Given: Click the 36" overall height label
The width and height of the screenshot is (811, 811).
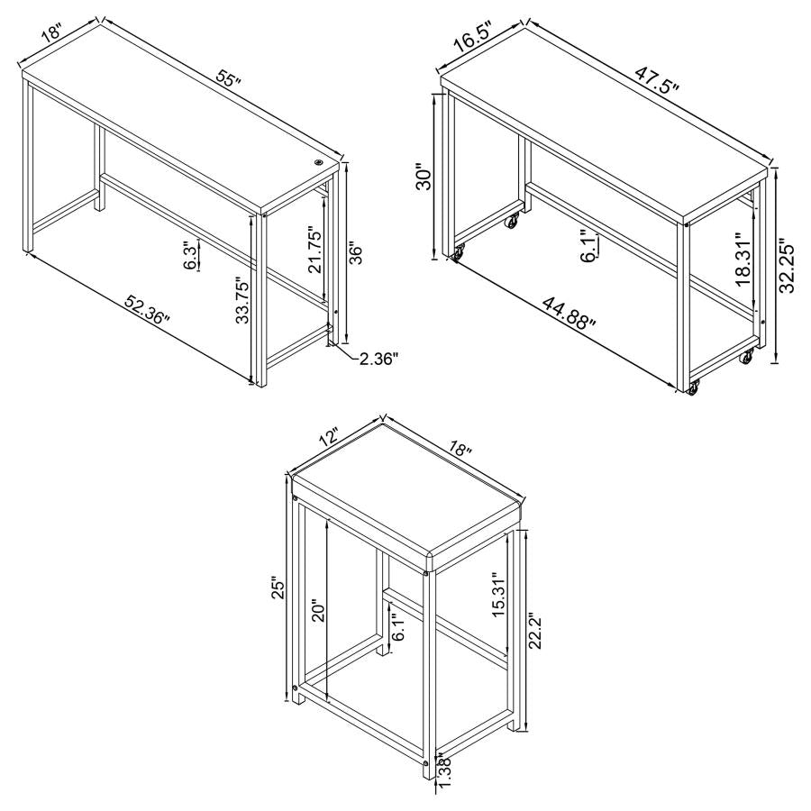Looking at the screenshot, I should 356,254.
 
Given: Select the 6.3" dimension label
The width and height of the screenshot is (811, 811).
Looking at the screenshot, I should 190,255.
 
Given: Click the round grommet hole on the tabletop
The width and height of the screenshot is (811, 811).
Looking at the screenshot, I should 319,163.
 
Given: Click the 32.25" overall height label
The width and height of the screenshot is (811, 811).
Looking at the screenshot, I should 788,266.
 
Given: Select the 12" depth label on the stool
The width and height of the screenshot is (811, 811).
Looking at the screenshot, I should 326,439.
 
